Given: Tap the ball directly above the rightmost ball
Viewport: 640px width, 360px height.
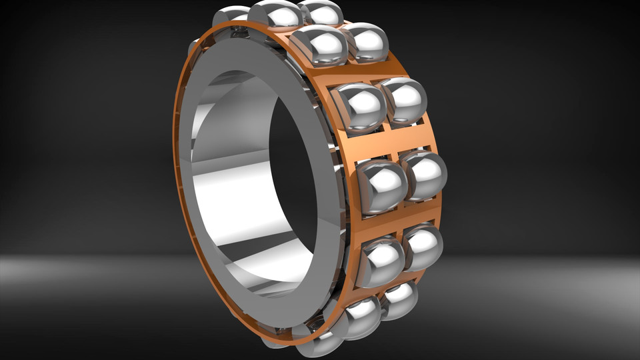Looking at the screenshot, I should click(404, 102).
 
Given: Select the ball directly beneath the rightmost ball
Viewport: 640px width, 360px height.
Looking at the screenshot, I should click(422, 247).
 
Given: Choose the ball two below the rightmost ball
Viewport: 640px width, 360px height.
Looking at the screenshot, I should click(398, 299).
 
